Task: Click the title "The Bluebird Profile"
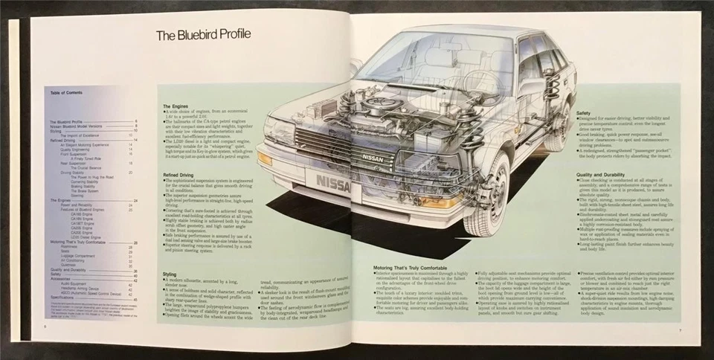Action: (x=203, y=34)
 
